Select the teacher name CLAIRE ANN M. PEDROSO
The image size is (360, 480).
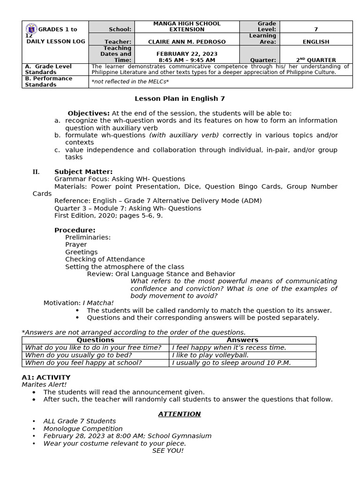(187, 42)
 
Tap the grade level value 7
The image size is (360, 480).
(315, 30)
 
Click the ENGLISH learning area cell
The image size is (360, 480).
(315, 42)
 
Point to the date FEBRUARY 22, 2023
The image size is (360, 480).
(187, 54)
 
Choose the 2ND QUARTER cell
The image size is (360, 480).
(315, 60)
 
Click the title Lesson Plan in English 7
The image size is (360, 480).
(180, 99)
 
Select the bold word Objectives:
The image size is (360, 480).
(89, 113)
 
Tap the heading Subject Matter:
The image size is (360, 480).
(83, 172)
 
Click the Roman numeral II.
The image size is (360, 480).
(36, 172)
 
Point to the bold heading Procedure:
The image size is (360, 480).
(75, 230)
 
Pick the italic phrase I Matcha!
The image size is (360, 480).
(98, 303)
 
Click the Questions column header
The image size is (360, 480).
(95, 340)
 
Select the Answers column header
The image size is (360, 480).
(242, 340)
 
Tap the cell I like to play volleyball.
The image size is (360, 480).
(210, 355)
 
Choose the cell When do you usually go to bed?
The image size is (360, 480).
(78, 355)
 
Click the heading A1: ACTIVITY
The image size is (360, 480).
(46, 377)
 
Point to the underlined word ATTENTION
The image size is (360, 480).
(179, 414)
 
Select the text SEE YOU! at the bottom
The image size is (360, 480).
(168, 450)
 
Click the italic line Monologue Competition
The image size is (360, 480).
(83, 428)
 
